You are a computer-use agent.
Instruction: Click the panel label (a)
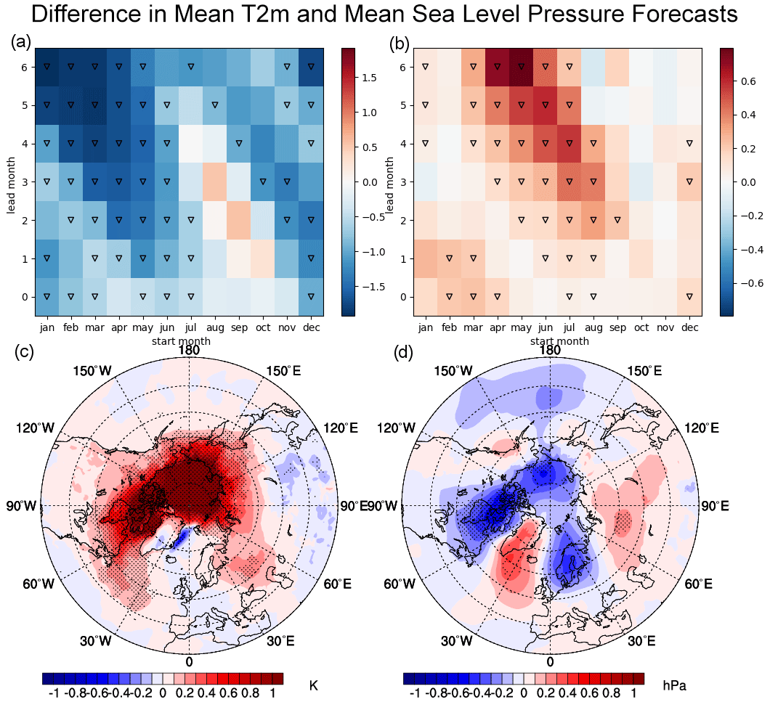pos(20,43)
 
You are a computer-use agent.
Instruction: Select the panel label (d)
pos(404,354)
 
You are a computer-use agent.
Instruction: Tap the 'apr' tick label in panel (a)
pos(118,327)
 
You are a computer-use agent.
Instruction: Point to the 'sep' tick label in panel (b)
pos(617,327)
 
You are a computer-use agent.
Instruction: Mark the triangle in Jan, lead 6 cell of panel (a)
pos(46,66)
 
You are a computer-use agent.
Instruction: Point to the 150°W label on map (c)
pos(93,371)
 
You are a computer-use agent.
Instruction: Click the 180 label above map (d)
pos(550,350)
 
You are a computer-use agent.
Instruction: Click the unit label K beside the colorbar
pos(314,685)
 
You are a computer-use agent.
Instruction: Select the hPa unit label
pos(675,685)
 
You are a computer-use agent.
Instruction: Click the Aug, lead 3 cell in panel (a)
pos(214,181)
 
